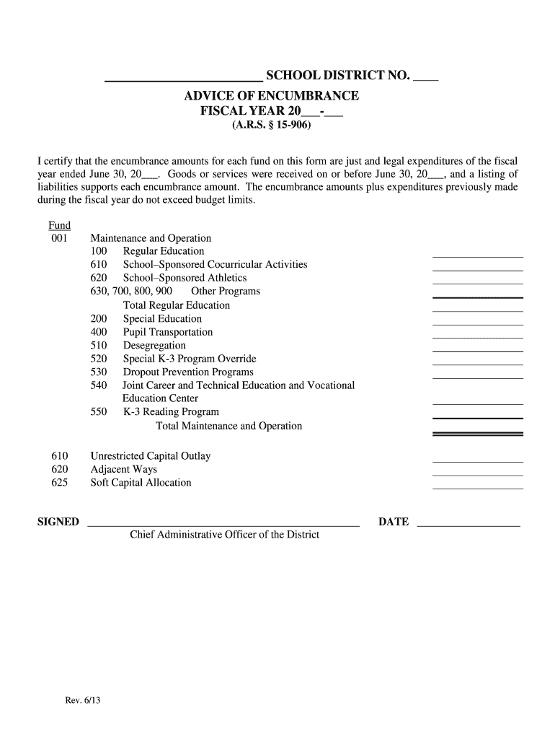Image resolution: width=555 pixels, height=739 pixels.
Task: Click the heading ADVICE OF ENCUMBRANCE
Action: click(x=272, y=96)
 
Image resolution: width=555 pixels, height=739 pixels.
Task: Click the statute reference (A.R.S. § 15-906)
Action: click(x=271, y=126)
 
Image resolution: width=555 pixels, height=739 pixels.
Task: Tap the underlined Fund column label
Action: click(x=59, y=225)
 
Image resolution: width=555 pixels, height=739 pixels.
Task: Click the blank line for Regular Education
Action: click(x=477, y=253)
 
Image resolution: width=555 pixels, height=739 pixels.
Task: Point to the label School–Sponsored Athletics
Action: click(x=185, y=278)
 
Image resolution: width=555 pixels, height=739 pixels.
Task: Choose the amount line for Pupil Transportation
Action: click(x=477, y=333)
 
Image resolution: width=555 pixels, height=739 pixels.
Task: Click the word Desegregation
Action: click(x=154, y=346)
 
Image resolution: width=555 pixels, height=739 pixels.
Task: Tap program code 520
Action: click(x=99, y=359)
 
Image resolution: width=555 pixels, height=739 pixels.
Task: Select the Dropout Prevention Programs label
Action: click(x=188, y=372)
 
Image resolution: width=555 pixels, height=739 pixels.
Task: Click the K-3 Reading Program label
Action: click(x=171, y=412)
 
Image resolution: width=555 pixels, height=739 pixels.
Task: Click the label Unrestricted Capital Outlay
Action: click(x=151, y=456)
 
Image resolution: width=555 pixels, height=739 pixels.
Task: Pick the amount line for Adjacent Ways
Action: click(x=477, y=472)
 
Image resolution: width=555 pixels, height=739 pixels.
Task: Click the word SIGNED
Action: click(x=58, y=522)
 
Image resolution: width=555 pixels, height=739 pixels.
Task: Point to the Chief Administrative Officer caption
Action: click(x=224, y=535)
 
